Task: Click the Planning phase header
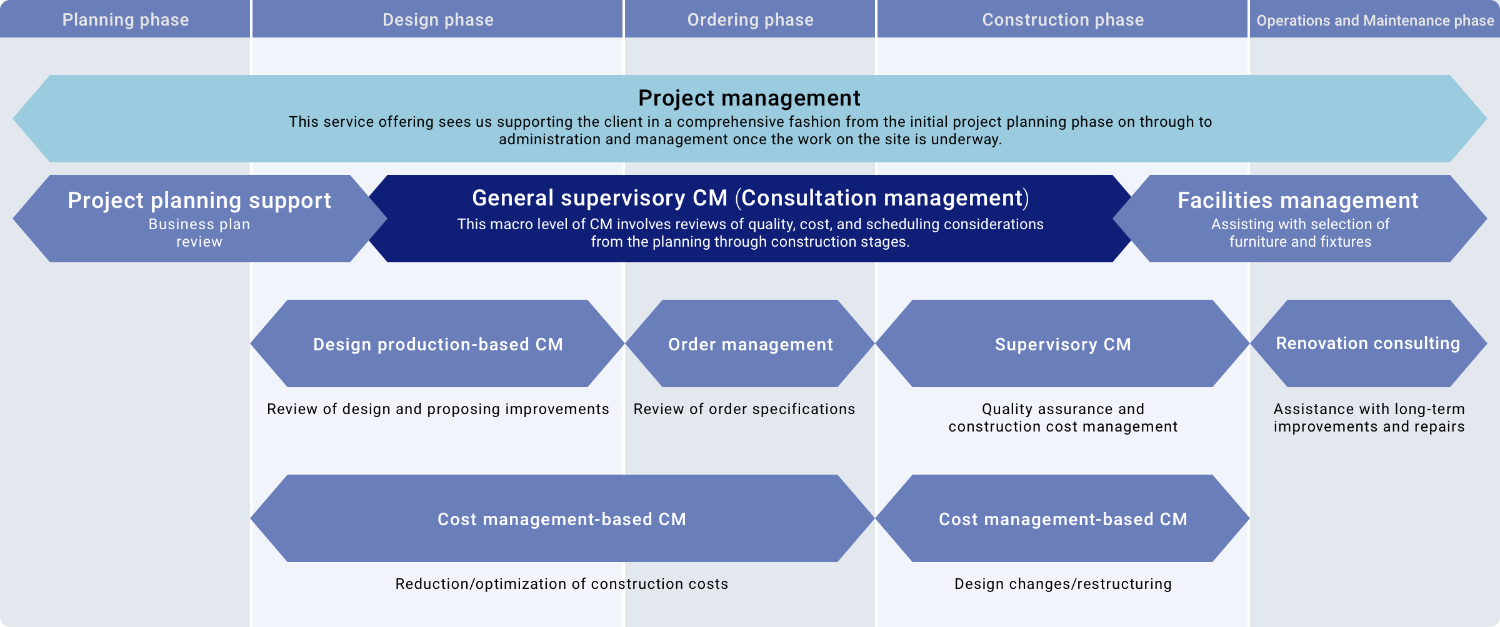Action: tap(125, 19)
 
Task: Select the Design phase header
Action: tap(437, 19)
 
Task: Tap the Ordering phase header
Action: tap(750, 19)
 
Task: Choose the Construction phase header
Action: tap(1062, 19)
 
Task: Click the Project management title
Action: tap(749, 98)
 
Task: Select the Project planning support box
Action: tap(199, 219)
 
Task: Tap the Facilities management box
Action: tap(1300, 219)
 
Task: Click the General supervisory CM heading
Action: tap(750, 198)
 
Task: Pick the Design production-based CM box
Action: tap(437, 343)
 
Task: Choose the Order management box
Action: tap(750, 343)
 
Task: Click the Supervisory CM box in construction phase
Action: tap(1062, 343)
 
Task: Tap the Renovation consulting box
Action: tap(1369, 343)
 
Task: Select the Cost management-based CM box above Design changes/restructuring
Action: tap(1062, 518)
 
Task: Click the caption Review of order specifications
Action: tap(744, 409)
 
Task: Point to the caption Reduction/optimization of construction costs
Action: tap(562, 584)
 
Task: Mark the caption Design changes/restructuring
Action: tap(1062, 584)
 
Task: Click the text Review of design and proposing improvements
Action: tap(437, 409)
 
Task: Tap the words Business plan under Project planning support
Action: tap(199, 224)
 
